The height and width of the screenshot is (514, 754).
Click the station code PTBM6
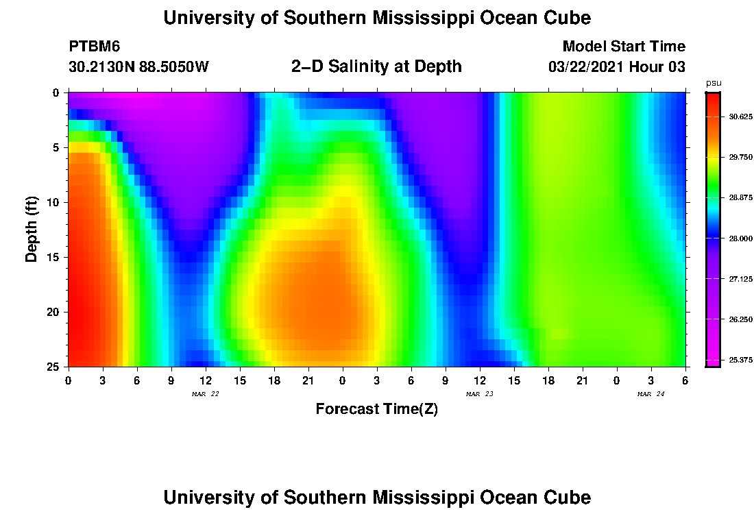(95, 47)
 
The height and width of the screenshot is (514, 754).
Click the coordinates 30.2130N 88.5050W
(138, 67)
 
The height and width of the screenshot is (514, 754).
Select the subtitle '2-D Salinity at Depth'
(376, 66)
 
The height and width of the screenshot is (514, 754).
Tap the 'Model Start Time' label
(623, 47)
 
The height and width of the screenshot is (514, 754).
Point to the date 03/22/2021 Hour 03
(617, 67)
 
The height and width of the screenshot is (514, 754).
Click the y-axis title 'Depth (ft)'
(31, 229)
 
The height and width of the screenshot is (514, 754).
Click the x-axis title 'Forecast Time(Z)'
(376, 409)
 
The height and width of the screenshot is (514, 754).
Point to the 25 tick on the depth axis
(54, 367)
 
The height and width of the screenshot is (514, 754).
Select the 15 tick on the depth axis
(54, 257)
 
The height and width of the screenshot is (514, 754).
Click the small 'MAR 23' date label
(479, 394)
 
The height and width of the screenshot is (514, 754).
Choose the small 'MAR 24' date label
(650, 394)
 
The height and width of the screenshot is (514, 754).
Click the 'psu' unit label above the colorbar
(714, 84)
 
